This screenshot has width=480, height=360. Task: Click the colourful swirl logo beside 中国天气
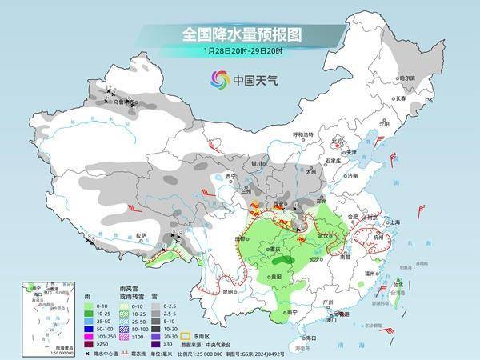point(219,78)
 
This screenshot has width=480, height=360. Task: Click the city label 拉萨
point(142,235)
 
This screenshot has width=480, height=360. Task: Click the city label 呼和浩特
point(305,134)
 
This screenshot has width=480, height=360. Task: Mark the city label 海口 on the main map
point(298,339)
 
